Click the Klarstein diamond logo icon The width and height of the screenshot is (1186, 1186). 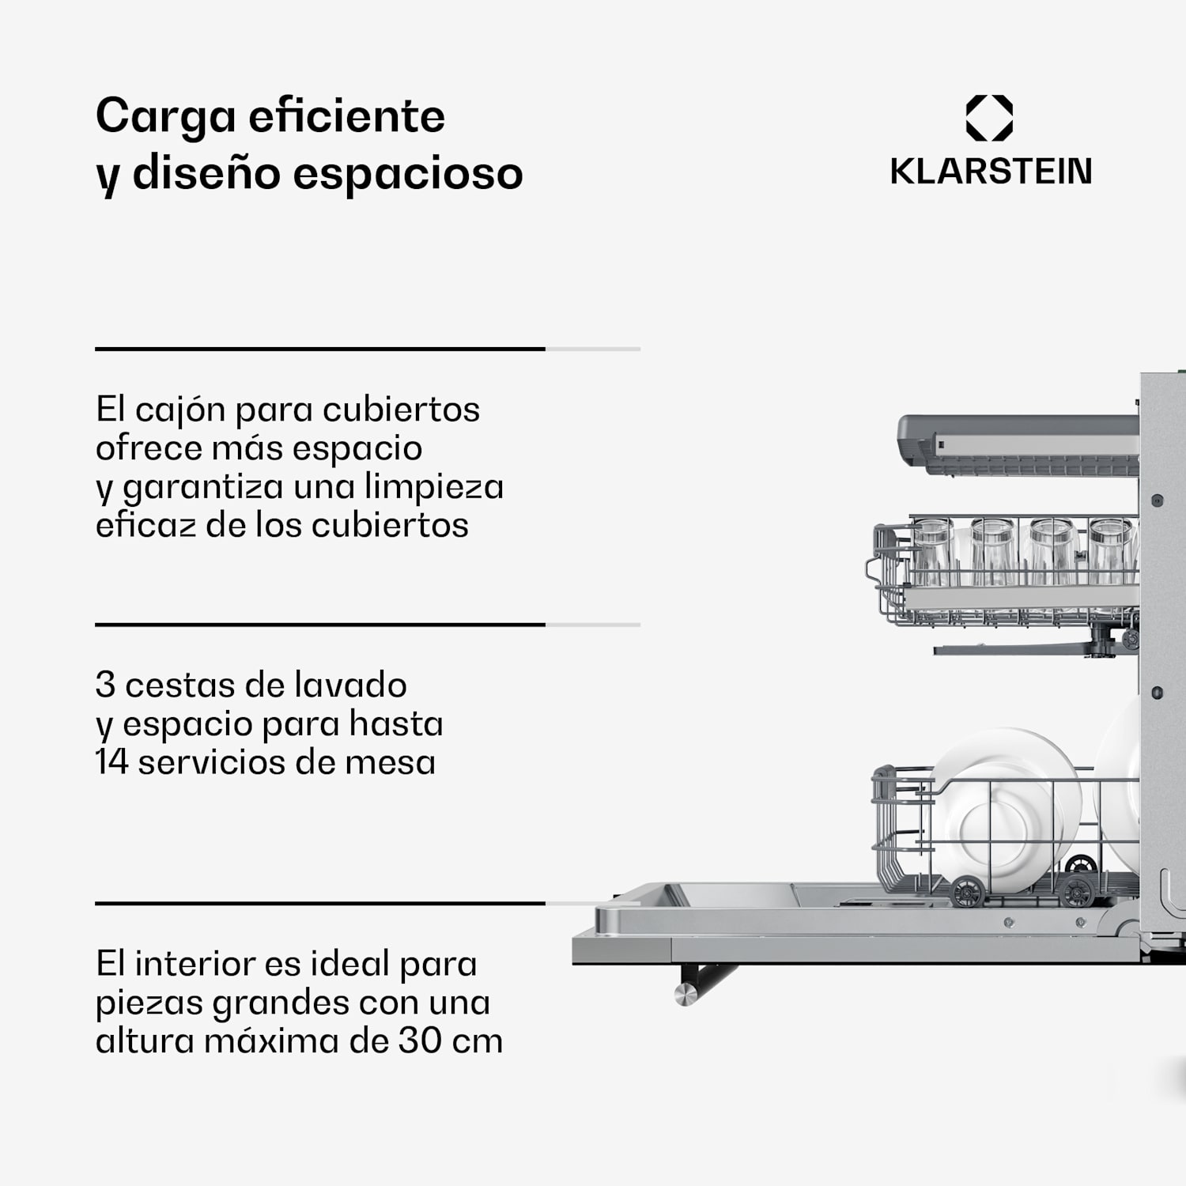coord(989,118)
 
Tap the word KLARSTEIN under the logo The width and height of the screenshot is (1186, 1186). coord(991,172)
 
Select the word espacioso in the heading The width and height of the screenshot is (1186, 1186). coord(408,174)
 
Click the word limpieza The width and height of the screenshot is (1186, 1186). coord(434,487)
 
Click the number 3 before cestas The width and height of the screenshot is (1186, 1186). coord(105,686)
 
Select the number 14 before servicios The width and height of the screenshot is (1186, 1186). coord(111,763)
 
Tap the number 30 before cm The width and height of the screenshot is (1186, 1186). coord(419,1041)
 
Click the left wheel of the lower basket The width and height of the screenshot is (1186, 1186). coord(966,892)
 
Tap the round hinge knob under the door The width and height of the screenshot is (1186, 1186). coord(686,994)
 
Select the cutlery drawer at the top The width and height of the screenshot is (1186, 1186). coord(1020,446)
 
